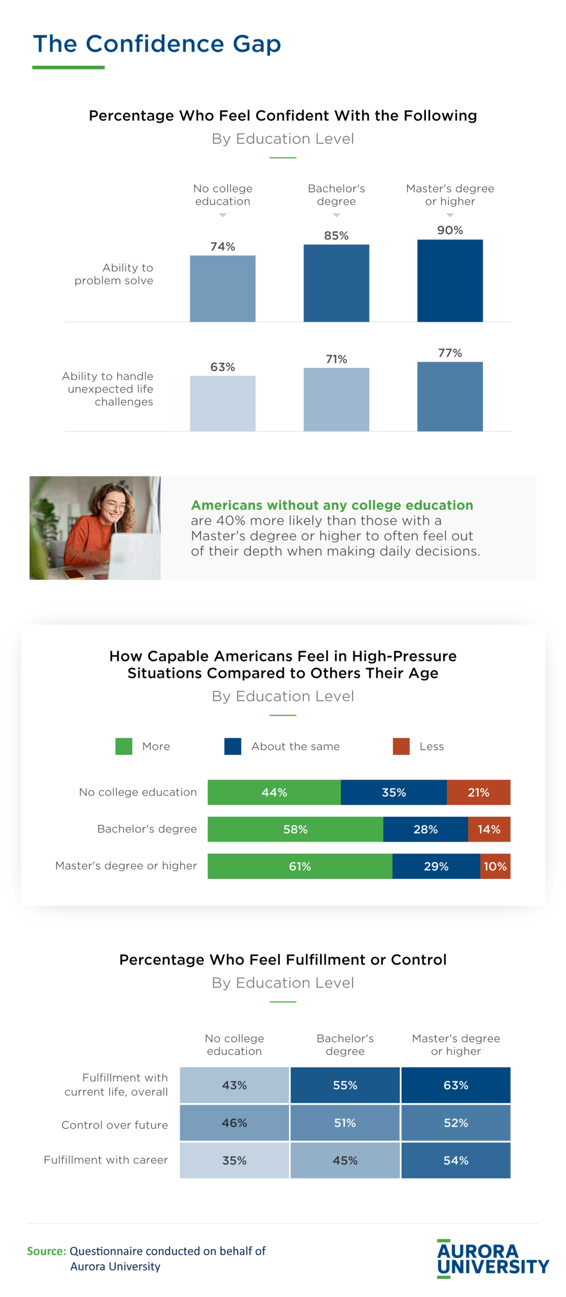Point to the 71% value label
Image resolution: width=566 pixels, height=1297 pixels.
[336, 359]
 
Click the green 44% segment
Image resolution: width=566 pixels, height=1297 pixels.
[274, 792]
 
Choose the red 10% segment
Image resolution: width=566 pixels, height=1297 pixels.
[495, 866]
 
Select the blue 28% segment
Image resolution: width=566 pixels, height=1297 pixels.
[425, 829]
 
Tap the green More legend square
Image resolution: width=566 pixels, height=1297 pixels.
[124, 746]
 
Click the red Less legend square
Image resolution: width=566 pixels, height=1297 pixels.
[401, 746]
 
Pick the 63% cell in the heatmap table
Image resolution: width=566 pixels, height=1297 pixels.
[455, 1085]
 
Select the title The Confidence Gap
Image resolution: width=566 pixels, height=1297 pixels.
[157, 44]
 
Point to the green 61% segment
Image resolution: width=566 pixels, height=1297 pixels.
[300, 866]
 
